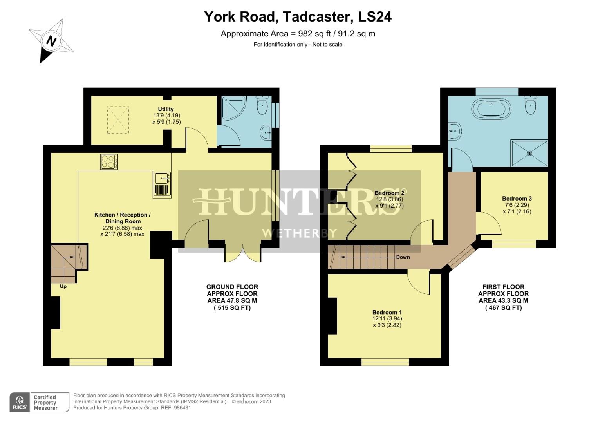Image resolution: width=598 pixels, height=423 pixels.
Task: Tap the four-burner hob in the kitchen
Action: (x=109, y=162)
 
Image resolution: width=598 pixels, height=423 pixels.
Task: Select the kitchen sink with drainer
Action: (x=162, y=184)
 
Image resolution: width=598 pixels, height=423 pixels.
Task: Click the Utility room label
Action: (x=166, y=109)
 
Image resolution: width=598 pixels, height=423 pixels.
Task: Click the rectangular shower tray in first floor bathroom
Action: (x=529, y=153)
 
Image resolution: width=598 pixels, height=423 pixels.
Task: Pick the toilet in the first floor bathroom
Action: (x=530, y=105)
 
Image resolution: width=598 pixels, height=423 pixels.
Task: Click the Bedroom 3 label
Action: (x=517, y=199)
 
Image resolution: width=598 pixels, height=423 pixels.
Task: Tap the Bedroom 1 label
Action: (x=387, y=312)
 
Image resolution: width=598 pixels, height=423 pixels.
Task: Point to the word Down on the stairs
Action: (x=403, y=257)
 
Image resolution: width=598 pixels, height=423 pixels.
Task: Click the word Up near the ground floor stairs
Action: (x=63, y=286)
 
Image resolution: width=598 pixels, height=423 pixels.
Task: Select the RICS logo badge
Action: (x=20, y=402)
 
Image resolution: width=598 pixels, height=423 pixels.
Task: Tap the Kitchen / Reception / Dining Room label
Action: (x=122, y=218)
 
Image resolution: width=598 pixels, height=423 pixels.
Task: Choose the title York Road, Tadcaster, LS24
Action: (x=298, y=17)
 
